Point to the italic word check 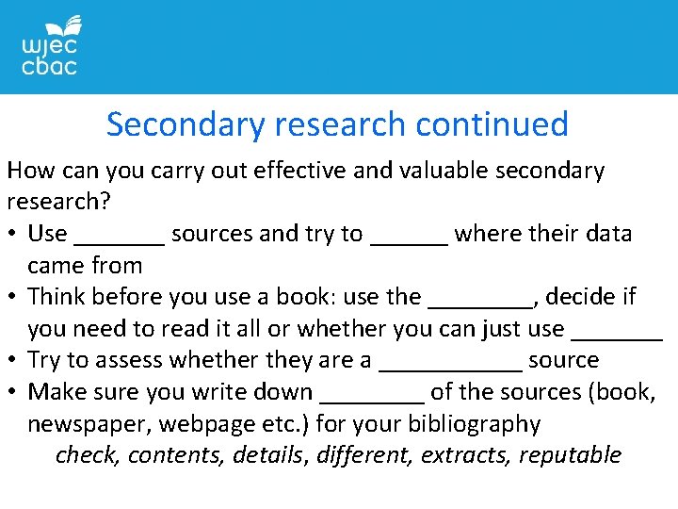[87, 455]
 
